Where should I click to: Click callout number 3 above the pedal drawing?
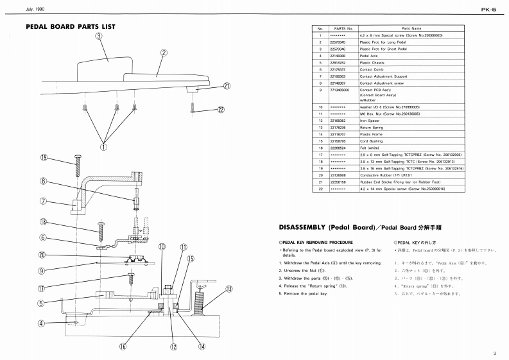click(99, 36)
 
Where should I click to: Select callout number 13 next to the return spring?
click(228, 289)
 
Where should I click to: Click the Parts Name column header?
click(411, 29)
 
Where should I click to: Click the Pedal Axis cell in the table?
click(368, 56)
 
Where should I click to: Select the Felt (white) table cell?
click(370, 148)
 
